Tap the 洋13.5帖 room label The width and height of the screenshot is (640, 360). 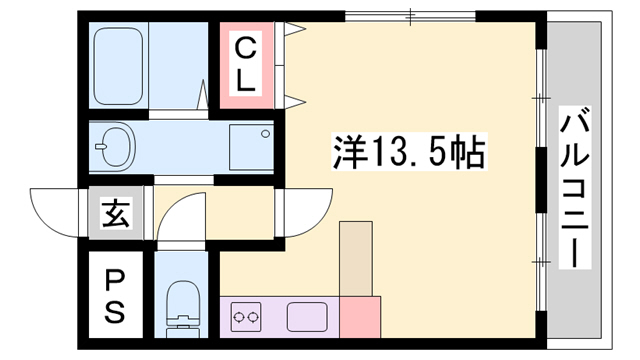coord(409,153)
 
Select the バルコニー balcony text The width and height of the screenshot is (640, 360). coord(576,189)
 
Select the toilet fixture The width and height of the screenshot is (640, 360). coord(182,304)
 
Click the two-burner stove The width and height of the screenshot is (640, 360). coord(246,319)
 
